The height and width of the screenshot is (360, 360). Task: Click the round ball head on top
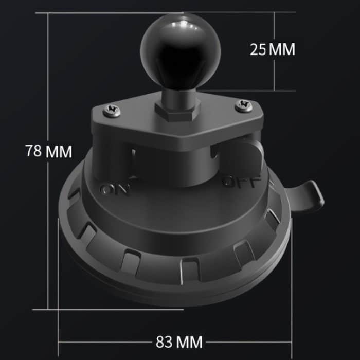181,50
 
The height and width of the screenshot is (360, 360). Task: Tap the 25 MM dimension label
273,49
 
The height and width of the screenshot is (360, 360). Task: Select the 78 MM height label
48,151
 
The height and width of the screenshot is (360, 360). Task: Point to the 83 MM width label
179,342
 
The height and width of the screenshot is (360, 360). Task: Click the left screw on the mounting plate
112,111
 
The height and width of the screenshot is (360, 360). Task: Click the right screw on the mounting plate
244,106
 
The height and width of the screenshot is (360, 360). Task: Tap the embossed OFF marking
242,182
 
